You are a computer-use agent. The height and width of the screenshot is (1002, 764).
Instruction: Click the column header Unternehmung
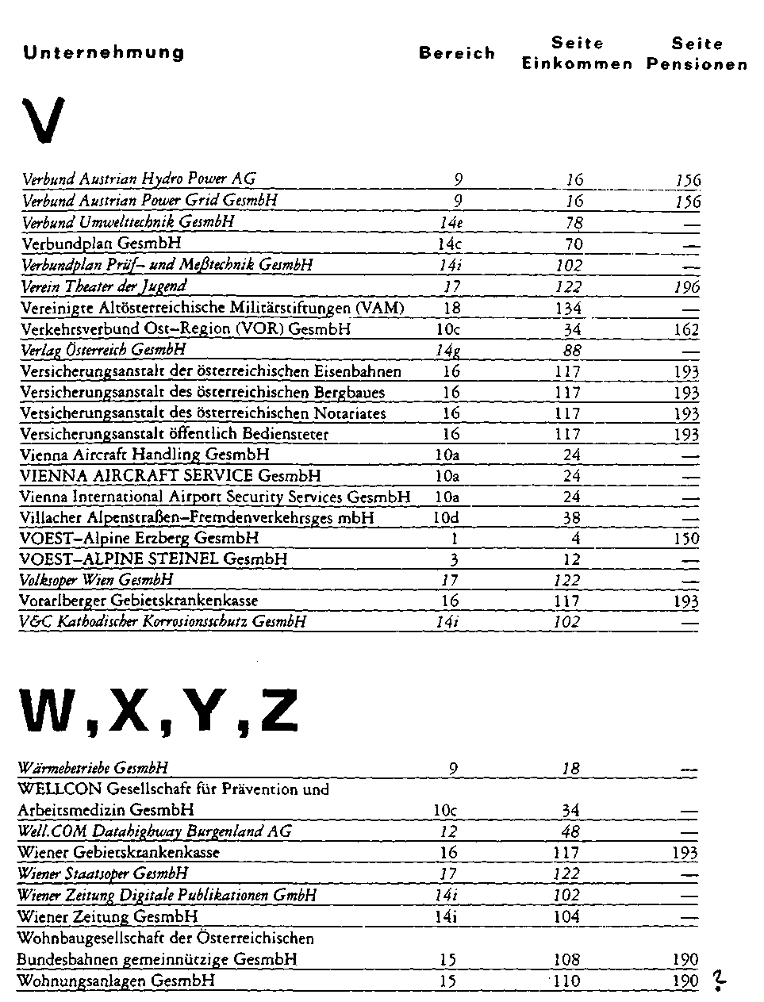click(104, 53)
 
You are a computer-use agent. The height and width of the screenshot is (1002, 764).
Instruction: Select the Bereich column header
click(457, 53)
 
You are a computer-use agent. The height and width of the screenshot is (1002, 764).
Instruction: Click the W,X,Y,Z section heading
click(159, 711)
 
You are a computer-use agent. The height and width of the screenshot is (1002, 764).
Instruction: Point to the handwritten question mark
click(719, 982)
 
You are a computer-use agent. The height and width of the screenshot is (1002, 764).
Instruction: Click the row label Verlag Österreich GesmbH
click(104, 350)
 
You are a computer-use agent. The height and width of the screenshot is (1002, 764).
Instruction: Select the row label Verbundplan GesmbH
click(102, 244)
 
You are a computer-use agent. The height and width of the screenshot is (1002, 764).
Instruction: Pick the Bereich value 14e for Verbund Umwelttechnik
click(451, 223)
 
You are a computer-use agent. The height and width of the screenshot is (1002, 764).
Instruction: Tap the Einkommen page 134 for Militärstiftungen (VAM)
click(568, 309)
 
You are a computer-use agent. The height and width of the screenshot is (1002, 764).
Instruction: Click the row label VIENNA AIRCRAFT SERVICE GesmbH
click(171, 476)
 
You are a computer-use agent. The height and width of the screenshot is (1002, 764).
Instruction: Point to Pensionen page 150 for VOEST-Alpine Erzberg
click(687, 539)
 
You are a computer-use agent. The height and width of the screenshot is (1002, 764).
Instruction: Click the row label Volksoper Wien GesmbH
click(96, 580)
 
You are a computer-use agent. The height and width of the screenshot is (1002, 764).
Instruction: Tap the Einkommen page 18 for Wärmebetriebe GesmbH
click(571, 769)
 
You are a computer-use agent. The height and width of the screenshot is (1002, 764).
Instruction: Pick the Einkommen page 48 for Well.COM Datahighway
click(570, 831)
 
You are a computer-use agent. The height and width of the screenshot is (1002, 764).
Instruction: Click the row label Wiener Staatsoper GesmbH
click(103, 873)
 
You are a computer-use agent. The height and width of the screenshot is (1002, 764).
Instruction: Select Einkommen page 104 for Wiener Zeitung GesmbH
click(567, 916)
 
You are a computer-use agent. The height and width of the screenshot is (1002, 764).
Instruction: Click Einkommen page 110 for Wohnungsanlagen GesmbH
click(567, 981)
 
